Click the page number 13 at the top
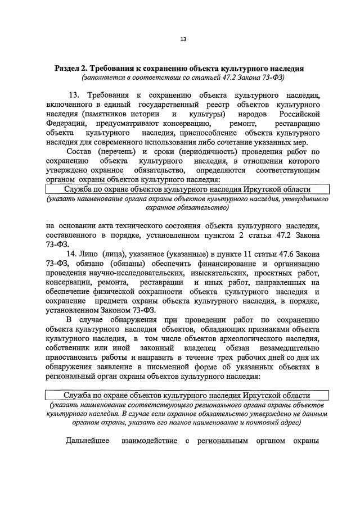[183, 39]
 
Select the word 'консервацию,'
[188, 123]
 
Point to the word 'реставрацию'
[299, 123]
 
